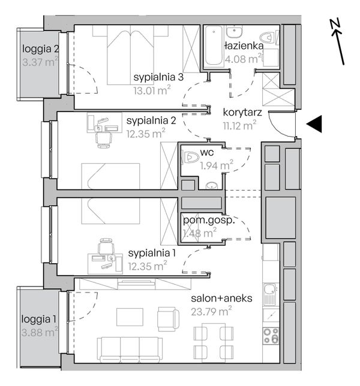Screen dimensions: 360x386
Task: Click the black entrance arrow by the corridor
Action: (x=314, y=124)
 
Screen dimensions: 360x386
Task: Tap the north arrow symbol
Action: (x=337, y=41)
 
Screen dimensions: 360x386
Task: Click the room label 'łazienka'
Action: (x=244, y=46)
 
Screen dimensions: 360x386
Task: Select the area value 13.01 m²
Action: (x=152, y=91)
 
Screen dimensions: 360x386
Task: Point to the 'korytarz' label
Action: (x=242, y=113)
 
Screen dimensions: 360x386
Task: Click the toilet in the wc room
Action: (x=191, y=157)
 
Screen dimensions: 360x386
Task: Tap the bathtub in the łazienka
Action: (x=214, y=46)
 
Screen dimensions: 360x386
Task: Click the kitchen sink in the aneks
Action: (x=271, y=294)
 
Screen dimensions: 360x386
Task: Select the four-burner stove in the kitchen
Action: (x=271, y=336)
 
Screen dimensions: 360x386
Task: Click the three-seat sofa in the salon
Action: (x=130, y=349)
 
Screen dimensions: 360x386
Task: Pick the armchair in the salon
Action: (x=168, y=319)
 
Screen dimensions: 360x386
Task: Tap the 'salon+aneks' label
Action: (x=221, y=298)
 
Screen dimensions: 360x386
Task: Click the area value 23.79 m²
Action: (x=211, y=312)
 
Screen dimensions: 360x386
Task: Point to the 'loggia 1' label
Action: (x=38, y=319)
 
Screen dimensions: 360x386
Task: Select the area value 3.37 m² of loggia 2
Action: (x=40, y=62)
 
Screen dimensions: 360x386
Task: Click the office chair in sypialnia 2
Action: (x=104, y=140)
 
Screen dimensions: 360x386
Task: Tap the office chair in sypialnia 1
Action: (x=107, y=246)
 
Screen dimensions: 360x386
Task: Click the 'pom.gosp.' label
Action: (x=208, y=221)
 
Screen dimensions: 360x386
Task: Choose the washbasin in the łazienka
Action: (x=235, y=31)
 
